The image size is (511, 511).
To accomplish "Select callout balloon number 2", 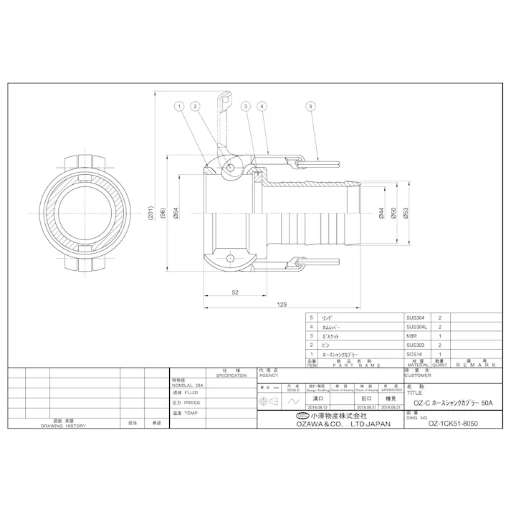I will (x=194, y=107).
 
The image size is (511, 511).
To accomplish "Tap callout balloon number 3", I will (x=245, y=107).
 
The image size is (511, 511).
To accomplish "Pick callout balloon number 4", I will (x=262, y=107).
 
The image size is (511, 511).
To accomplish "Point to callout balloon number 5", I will (x=310, y=107).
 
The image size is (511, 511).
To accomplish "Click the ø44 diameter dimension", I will (x=381, y=213).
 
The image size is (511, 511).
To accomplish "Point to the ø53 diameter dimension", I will (x=406, y=213).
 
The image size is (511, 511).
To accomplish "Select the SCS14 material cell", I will (x=414, y=354).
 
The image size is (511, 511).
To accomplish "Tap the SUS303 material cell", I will (x=415, y=345).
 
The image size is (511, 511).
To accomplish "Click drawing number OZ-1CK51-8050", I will (x=452, y=423).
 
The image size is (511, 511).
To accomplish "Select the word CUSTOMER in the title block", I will (x=419, y=375).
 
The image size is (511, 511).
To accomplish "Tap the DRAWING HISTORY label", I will (x=63, y=426).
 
